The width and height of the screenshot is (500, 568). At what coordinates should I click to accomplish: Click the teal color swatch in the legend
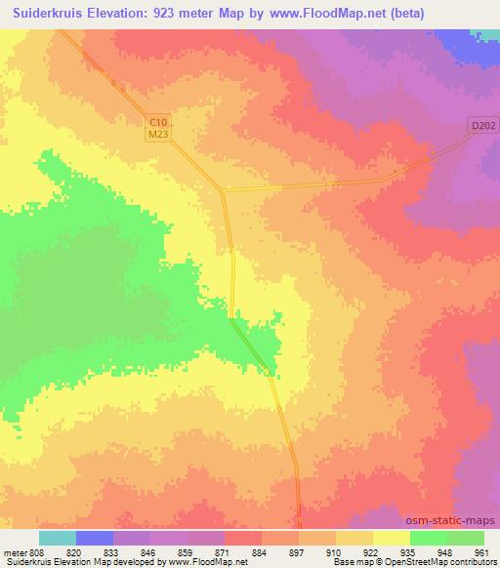tap(58, 538)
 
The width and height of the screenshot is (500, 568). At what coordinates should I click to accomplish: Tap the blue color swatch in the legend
tap(95, 538)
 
